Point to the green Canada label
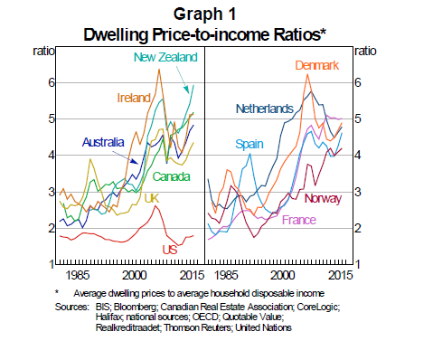click(171, 175)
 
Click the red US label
click(169, 250)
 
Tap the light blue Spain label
click(249, 144)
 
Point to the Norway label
click(323, 199)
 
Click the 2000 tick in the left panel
click(135, 273)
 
